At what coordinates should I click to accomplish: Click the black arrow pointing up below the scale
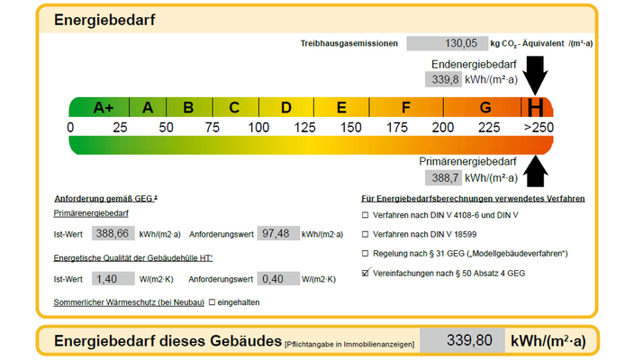tap(537, 168)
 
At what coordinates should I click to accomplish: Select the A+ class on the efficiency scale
tap(104, 108)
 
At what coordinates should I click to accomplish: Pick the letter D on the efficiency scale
tap(285, 108)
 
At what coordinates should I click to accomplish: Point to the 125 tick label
tap(304, 127)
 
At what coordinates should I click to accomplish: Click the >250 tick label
tap(539, 127)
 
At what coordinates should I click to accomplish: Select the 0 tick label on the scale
tap(71, 127)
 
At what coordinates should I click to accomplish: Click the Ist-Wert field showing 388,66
tap(112, 234)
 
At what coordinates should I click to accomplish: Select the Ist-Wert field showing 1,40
tap(112, 279)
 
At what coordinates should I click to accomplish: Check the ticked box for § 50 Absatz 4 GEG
tap(365, 272)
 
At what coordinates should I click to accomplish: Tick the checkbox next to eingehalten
tap(212, 302)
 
